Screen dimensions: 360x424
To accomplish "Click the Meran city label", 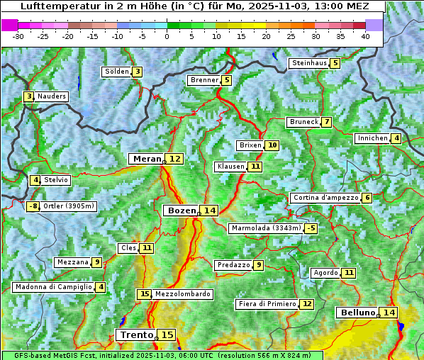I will (147, 159).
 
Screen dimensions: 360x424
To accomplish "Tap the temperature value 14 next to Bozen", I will (209, 210).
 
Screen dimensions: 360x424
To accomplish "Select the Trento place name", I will (137, 334).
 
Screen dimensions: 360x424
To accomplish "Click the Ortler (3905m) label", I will (69, 206).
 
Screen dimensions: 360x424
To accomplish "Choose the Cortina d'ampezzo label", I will (325, 198).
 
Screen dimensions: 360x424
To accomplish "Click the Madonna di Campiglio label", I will (53, 287).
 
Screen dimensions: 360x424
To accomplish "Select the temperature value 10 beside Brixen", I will (272, 145).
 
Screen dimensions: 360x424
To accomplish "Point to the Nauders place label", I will (52, 96).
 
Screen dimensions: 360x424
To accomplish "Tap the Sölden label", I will (117, 72).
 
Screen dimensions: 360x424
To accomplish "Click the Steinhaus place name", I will (309, 63).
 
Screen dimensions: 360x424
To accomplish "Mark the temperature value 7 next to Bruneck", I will (326, 122).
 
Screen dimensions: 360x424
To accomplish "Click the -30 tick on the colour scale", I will (19, 35).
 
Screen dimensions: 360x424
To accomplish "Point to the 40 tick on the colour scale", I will (365, 35).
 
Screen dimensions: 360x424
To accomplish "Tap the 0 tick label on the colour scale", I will (167, 35).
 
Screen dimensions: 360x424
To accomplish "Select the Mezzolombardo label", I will (182, 294).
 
